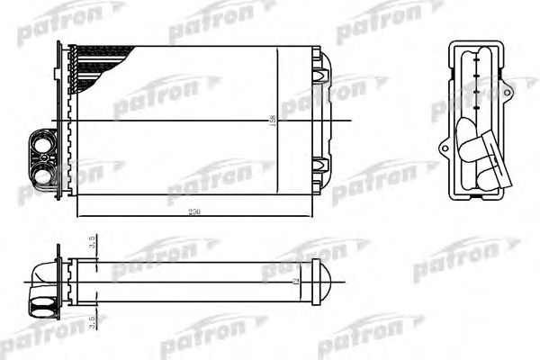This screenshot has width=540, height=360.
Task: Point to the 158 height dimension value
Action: click(x=273, y=120)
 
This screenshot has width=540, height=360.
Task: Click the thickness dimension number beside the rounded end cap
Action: click(x=295, y=283)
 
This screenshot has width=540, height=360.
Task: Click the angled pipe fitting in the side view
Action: click(x=477, y=148)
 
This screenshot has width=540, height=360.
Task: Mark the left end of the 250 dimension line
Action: click(x=78, y=216)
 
